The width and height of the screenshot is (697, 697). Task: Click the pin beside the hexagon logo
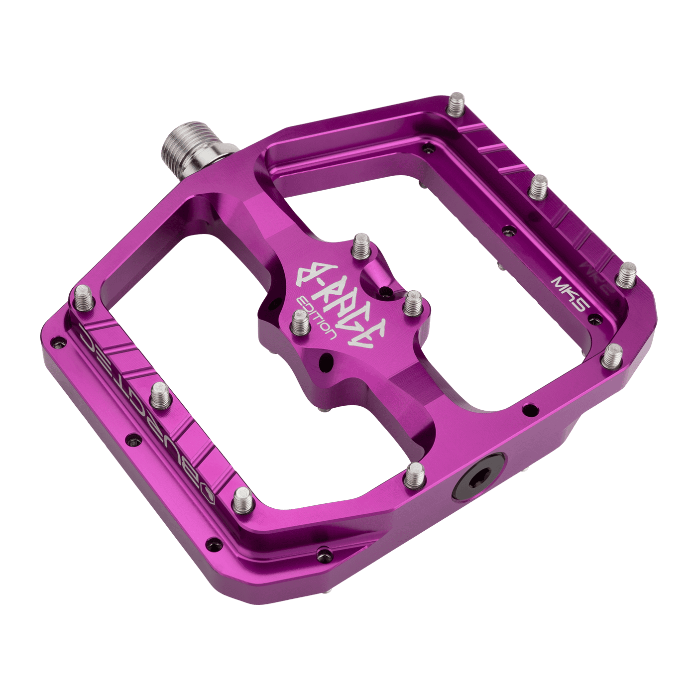243,498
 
